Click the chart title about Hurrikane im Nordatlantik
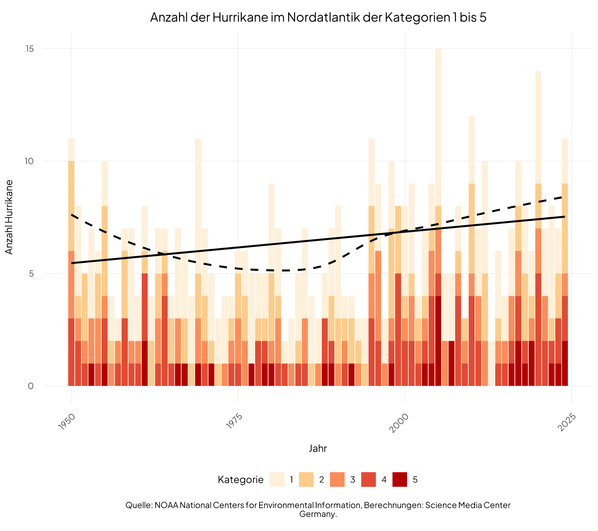(318, 18)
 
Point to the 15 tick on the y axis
(30, 49)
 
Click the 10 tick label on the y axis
(29, 161)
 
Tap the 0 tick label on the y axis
(31, 386)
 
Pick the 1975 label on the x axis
(234, 422)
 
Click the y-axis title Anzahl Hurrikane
(9, 217)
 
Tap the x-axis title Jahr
(318, 448)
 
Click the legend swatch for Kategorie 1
(277, 480)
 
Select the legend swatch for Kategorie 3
(337, 480)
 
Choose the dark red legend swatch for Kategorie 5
(400, 480)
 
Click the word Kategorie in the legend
(241, 480)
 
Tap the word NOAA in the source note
(166, 505)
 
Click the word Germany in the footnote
(318, 514)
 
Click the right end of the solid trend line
(564, 217)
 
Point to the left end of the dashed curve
(72, 215)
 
